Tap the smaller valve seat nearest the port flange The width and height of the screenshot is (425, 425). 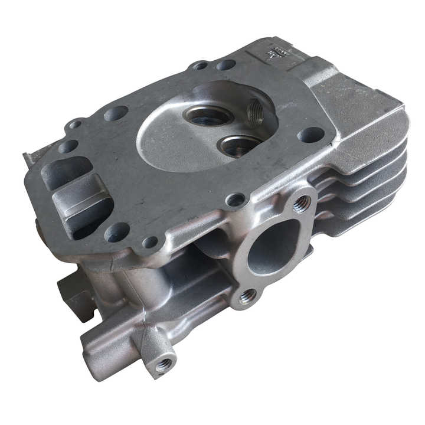pyautogui.click(x=240, y=144)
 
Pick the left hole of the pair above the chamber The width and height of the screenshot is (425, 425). pyautogui.click(x=201, y=66)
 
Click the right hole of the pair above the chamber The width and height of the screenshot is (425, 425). pyautogui.click(x=225, y=64)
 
